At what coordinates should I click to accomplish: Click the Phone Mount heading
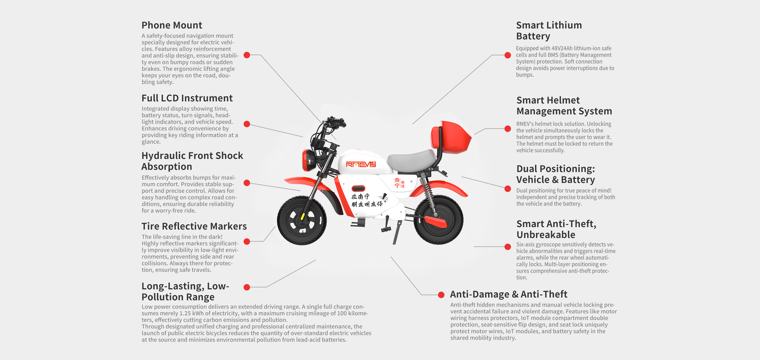coord(172,25)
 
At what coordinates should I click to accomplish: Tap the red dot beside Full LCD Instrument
coord(247,124)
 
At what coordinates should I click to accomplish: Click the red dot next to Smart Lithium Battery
coord(508,55)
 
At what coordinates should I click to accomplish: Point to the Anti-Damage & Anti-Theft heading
coord(509,294)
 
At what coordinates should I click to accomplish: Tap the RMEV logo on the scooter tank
coord(361,164)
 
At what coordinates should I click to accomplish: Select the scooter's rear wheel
coord(439,220)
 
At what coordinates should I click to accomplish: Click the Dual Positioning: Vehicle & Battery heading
coord(556,174)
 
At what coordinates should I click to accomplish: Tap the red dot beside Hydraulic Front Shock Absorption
coord(247,183)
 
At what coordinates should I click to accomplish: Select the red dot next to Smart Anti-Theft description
coord(508,247)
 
